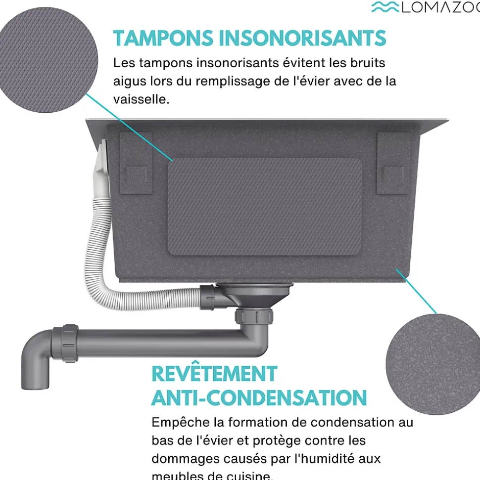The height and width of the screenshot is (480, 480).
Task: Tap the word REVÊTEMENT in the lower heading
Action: tap(214, 374)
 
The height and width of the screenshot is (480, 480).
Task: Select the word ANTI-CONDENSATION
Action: tap(259, 398)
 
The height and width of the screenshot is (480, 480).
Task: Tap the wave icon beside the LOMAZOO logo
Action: tap(384, 7)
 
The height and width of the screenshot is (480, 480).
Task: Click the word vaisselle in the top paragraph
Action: tap(141, 99)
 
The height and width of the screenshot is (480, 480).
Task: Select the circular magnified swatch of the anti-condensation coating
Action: tap(433, 363)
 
